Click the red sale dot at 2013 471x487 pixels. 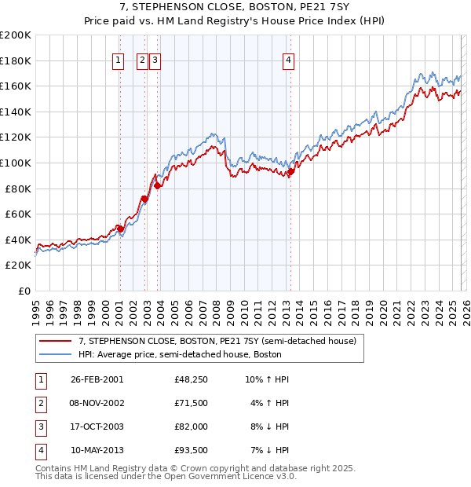(290, 172)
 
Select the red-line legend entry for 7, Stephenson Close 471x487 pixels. (217, 341)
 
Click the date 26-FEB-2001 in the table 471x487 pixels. (97, 379)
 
